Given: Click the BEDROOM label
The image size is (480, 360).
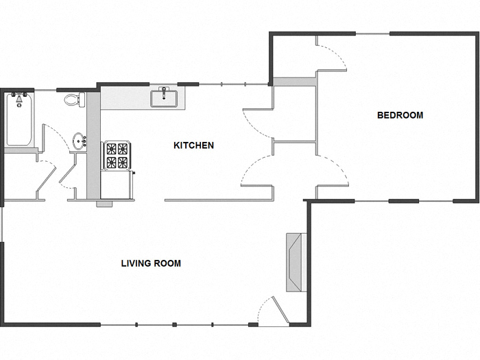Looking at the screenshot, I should (x=400, y=115).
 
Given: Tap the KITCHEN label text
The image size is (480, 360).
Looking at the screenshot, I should (x=193, y=145).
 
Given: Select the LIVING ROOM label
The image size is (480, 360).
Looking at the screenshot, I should (x=151, y=263).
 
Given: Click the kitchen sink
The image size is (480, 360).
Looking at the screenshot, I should (x=165, y=97).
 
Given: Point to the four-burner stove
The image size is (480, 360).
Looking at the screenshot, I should (x=116, y=156).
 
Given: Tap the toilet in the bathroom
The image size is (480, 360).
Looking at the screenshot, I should (x=73, y=100).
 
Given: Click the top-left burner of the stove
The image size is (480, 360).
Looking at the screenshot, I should (x=110, y=149).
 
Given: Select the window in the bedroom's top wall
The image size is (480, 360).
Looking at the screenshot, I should (x=372, y=33).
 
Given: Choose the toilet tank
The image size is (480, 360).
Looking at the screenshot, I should (x=80, y=100).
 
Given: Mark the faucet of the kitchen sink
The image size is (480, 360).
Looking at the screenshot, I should (x=165, y=90).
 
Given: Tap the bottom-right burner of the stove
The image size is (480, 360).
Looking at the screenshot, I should (x=123, y=163).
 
